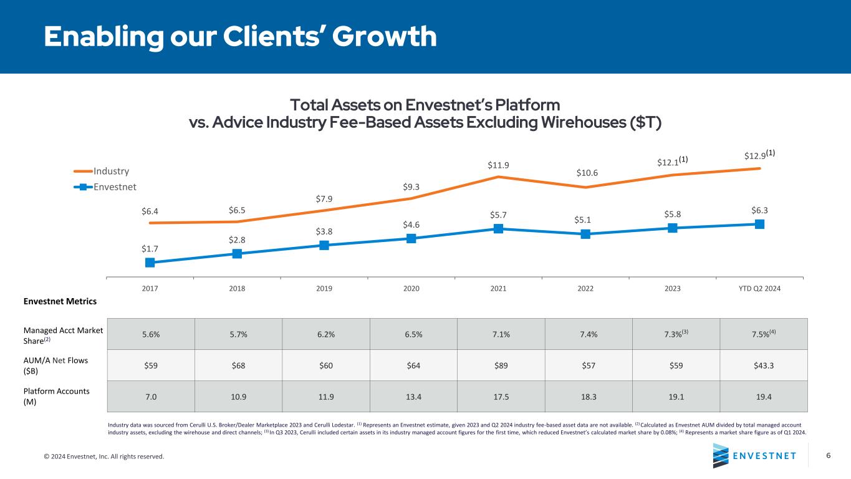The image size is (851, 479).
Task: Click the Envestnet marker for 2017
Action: tap(150, 263)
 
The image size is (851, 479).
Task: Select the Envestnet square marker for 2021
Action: tap(498, 229)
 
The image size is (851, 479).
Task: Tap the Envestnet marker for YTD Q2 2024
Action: tap(760, 225)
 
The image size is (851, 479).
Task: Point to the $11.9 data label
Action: tap(498, 165)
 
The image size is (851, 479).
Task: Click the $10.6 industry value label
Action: tap(585, 172)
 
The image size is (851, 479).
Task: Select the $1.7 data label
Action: tap(150, 248)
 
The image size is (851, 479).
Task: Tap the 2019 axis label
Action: tap(324, 289)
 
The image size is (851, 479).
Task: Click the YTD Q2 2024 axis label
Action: tap(759, 289)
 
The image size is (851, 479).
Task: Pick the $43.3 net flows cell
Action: tap(763, 365)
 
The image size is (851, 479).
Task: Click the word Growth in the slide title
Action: tap(385, 37)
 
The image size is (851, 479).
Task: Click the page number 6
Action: tap(828, 455)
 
